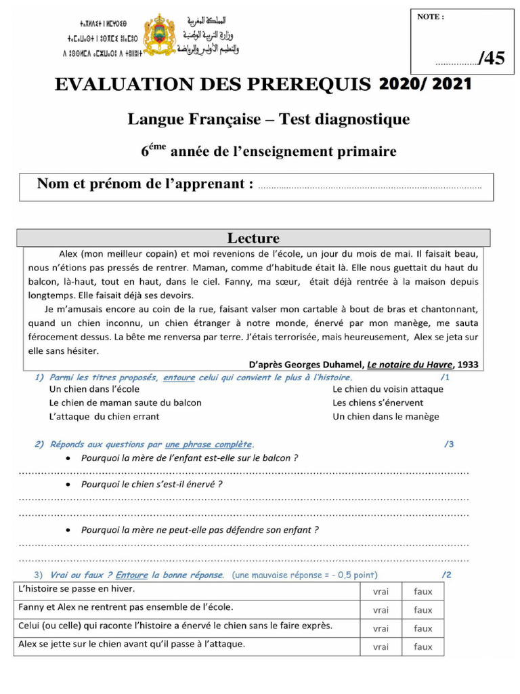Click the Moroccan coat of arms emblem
tap(160, 34)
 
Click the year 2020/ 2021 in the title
tap(425, 84)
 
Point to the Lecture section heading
tap(253, 238)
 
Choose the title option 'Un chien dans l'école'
tap(95, 389)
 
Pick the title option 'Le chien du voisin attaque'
tap(388, 389)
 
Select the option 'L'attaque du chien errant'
tap(104, 416)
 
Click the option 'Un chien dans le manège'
tap(385, 416)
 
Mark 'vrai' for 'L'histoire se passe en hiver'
tap(381, 592)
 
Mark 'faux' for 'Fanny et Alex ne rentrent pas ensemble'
tap(423, 610)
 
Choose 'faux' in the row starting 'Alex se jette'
tap(423, 647)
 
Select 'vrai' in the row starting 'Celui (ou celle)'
tap(381, 628)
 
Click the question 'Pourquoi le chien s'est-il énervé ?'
tap(152, 485)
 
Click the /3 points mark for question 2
tap(449, 445)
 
